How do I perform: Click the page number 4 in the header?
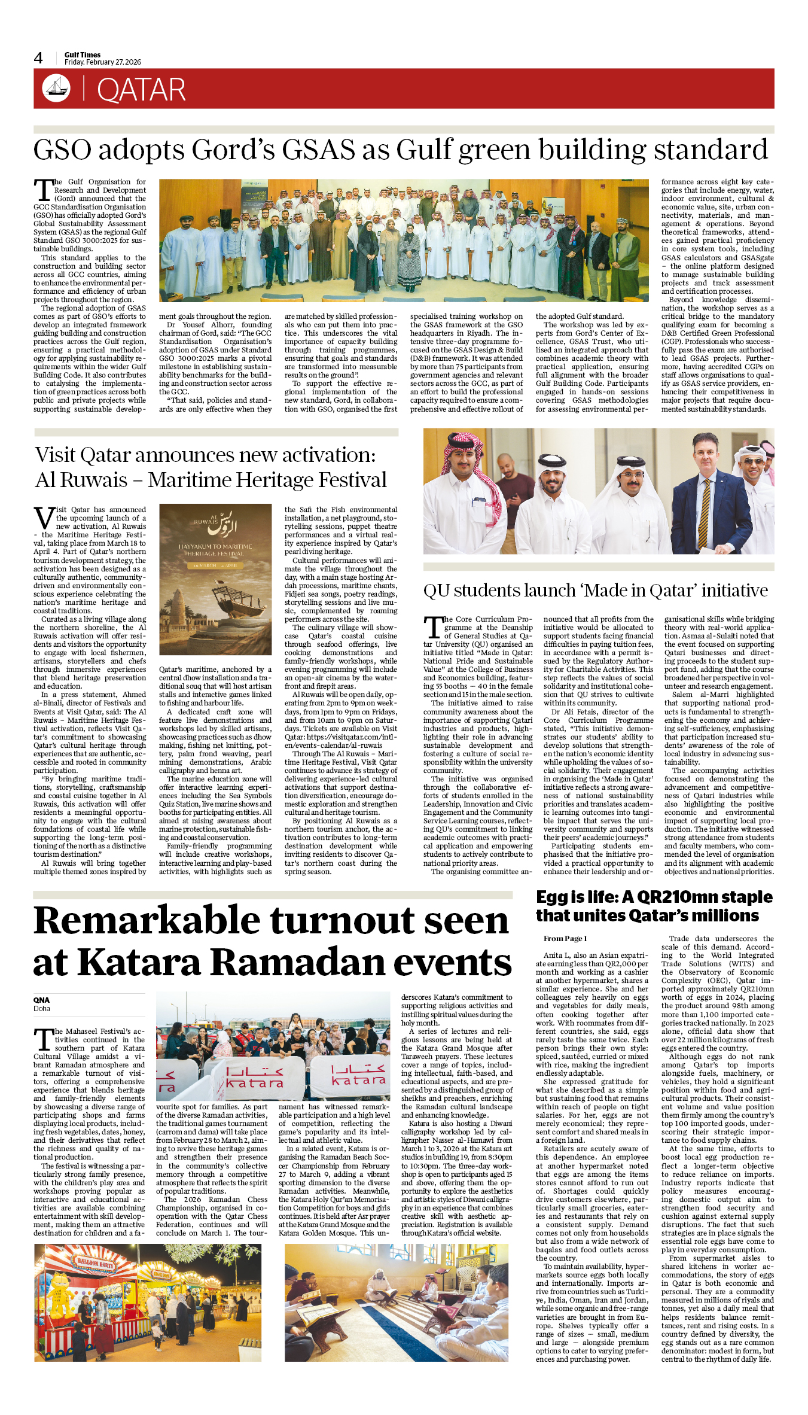[x=38, y=58]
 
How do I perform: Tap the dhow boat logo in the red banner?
[x=56, y=89]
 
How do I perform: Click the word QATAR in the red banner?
[x=141, y=90]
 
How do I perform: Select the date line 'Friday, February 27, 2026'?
[x=103, y=62]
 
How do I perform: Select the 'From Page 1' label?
[x=565, y=939]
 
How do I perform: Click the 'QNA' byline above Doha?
[x=41, y=1000]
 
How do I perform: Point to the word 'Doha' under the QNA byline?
[x=42, y=1009]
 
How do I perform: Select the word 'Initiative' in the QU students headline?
[x=734, y=591]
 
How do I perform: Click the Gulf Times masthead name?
[x=83, y=54]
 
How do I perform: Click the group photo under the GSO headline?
[x=404, y=240]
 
